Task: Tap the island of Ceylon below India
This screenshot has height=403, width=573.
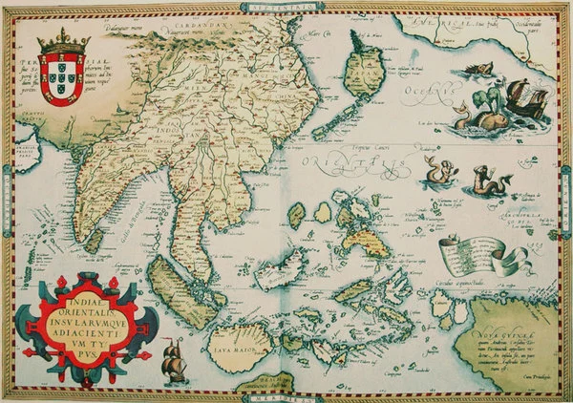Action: click(x=93, y=243)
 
